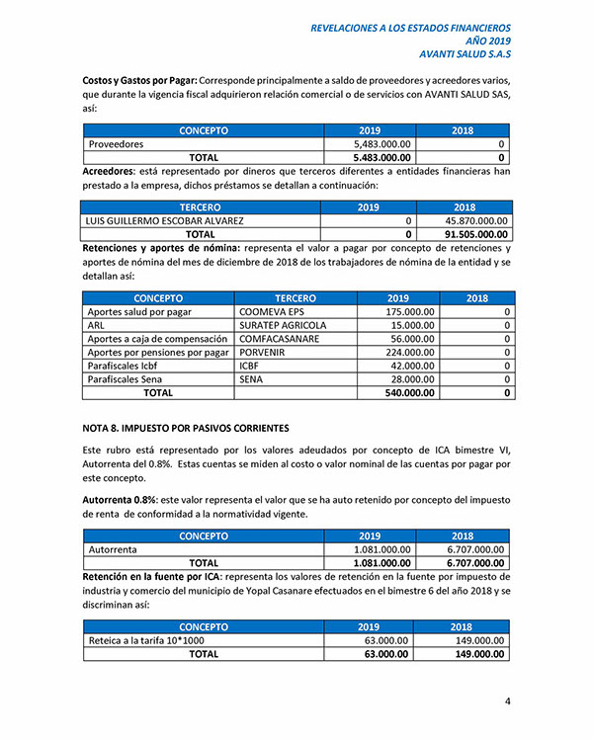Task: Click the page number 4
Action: [x=507, y=702]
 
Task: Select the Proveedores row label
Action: [x=117, y=144]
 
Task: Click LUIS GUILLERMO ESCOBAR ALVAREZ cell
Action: [x=166, y=221]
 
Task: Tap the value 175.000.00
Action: [x=406, y=312]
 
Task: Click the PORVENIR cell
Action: [x=266, y=353]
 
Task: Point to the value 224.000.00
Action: [x=406, y=353]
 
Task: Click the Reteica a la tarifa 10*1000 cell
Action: [x=146, y=640]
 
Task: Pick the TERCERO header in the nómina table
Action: [x=296, y=297]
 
